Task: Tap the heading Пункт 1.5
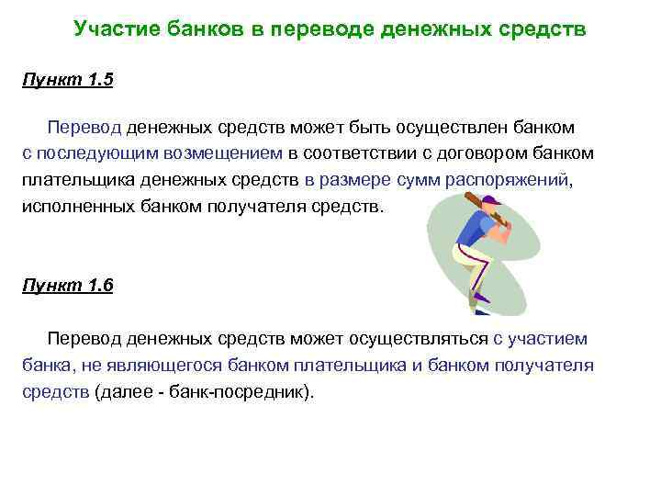tap(67, 80)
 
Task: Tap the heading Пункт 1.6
tap(67, 286)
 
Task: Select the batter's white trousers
tap(472, 262)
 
